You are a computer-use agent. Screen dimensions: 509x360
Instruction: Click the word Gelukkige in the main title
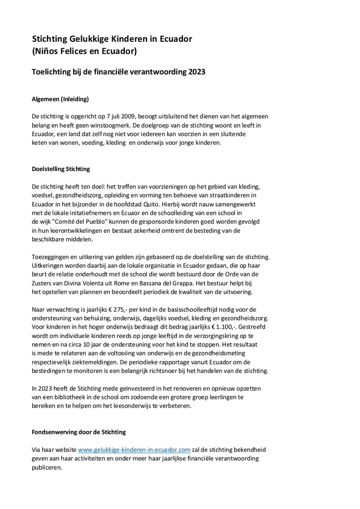coord(93,39)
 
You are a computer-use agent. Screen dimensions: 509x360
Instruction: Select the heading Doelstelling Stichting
coord(61,169)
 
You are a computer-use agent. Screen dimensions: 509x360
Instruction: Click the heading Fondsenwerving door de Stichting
coord(79,432)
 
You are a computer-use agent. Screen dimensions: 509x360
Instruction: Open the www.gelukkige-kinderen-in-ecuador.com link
coord(134,449)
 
